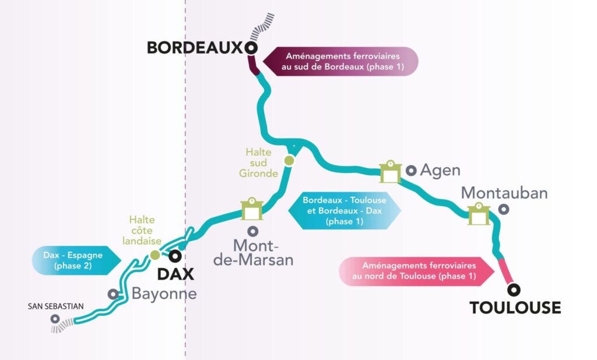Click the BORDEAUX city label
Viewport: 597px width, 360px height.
pyautogui.click(x=195, y=48)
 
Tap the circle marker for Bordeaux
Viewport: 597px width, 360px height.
pyautogui.click(x=251, y=48)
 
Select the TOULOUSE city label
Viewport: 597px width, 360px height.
pyautogui.click(x=515, y=308)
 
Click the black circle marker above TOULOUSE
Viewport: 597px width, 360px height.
pyautogui.click(x=514, y=290)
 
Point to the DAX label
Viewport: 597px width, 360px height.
pyautogui.click(x=175, y=274)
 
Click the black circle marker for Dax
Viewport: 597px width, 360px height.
pyautogui.click(x=175, y=256)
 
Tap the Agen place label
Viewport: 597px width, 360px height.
pyautogui.click(x=440, y=171)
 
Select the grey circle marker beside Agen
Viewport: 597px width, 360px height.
pyautogui.click(x=411, y=171)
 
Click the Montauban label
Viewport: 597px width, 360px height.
pyautogui.click(x=504, y=193)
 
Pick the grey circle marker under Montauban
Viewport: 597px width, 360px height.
pyautogui.click(x=504, y=209)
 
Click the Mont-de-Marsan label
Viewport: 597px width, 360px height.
pyautogui.click(x=253, y=253)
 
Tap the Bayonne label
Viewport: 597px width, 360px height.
pyautogui.click(x=164, y=294)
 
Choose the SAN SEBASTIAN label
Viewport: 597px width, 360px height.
pyautogui.click(x=55, y=306)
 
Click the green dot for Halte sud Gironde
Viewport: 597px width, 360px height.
pyautogui.click(x=289, y=161)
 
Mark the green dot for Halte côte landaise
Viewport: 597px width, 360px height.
pyautogui.click(x=155, y=255)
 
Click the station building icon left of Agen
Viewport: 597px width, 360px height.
pyautogui.click(x=390, y=172)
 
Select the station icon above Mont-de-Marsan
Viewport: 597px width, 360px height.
pyautogui.click(x=252, y=209)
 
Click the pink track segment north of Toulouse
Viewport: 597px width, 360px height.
pyautogui.click(x=506, y=271)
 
